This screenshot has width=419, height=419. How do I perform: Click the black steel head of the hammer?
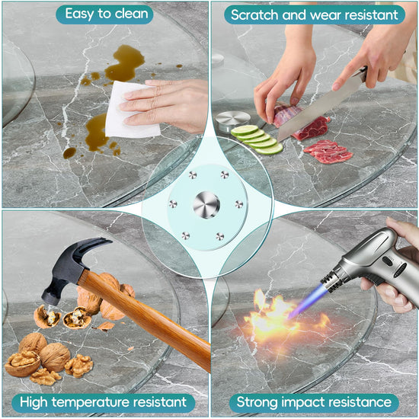click(72, 267)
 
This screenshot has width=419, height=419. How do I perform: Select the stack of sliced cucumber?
click(257, 139)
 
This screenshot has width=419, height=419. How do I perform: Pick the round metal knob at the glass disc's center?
click(206, 205)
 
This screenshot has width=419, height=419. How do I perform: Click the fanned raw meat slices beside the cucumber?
click(328, 152)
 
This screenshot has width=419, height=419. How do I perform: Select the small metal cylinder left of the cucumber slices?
click(232, 121)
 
